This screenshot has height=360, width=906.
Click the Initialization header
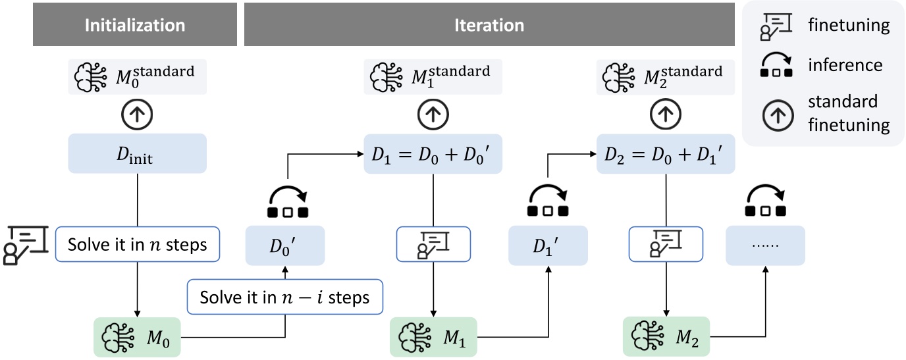click(x=134, y=26)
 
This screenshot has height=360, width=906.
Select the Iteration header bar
click(x=489, y=26)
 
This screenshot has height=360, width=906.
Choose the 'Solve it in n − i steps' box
click(x=286, y=297)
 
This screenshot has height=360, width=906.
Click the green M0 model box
click(x=136, y=338)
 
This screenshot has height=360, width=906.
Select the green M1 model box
click(x=433, y=338)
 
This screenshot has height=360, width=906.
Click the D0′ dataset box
click(x=285, y=245)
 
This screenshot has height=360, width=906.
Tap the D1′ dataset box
click(x=548, y=245)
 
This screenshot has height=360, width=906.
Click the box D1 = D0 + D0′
click(x=433, y=155)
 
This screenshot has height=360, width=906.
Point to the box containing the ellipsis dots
click(x=765, y=245)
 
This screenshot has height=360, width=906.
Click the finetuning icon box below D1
click(x=433, y=245)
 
